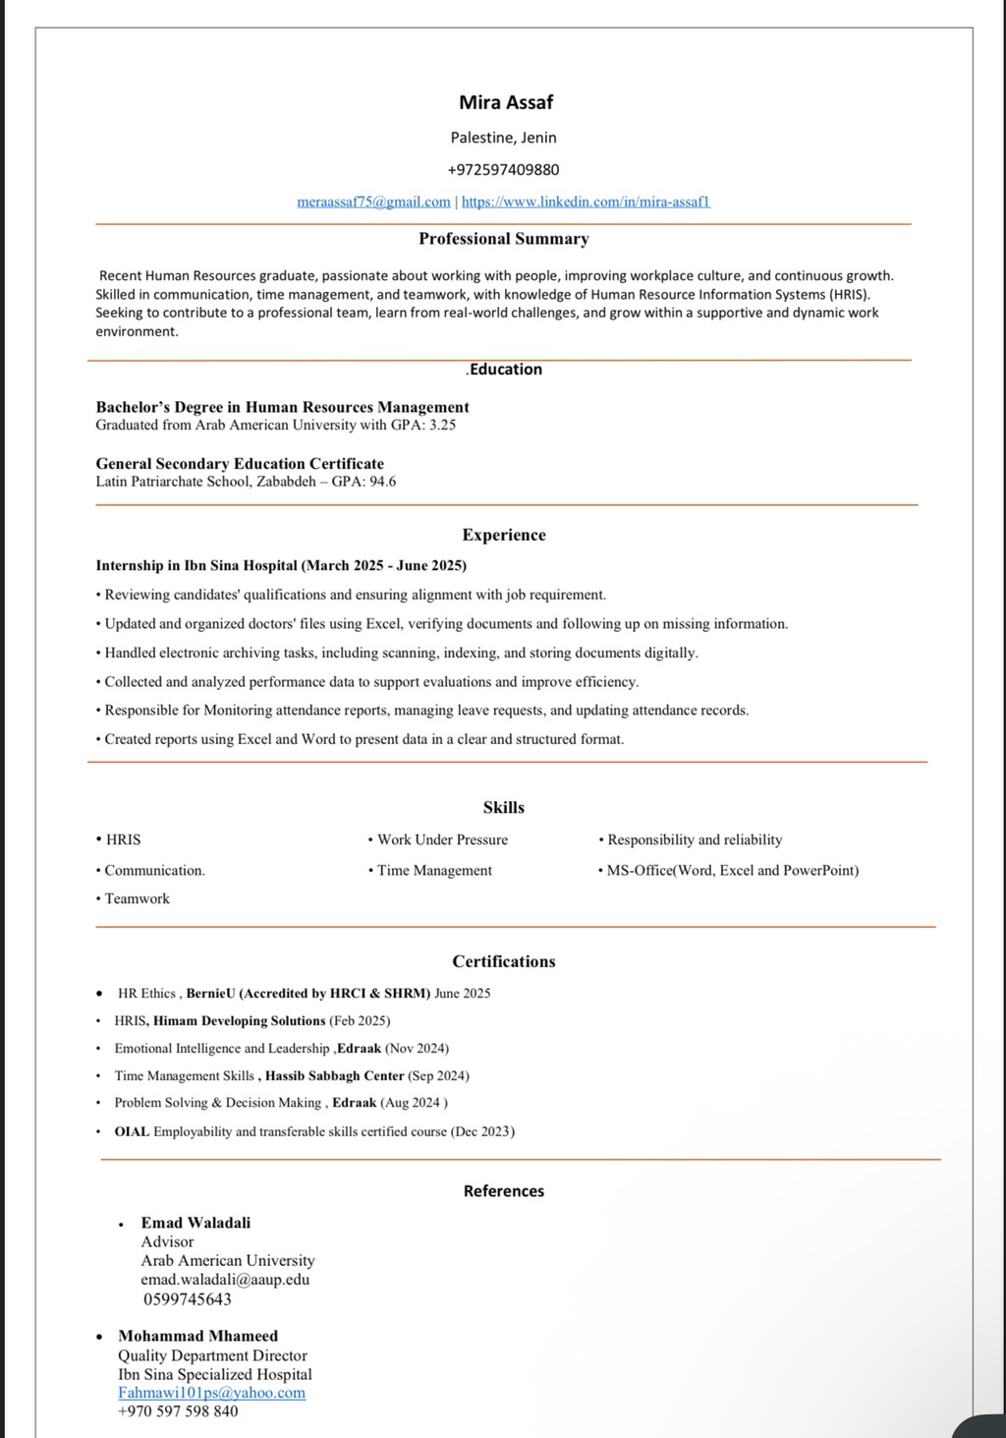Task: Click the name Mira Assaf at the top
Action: [x=506, y=102]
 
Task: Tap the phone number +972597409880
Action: [x=503, y=169]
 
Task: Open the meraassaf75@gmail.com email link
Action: [x=373, y=201]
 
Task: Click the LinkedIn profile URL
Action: [x=586, y=201]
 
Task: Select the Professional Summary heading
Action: [x=503, y=239]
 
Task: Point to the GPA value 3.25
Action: [x=442, y=426]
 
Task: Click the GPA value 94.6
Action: [x=382, y=482]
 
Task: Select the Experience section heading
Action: [x=504, y=535]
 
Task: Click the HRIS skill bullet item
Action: [x=123, y=839]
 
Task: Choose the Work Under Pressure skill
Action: [x=442, y=839]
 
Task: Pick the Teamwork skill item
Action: [x=137, y=898]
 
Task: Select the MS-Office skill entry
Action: [x=732, y=870]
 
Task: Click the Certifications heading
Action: [x=504, y=961]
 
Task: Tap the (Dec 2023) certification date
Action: [x=482, y=1131]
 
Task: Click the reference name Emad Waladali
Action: [x=196, y=1223]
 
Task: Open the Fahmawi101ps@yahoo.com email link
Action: [x=211, y=1393]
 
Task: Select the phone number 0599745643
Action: [x=187, y=1298]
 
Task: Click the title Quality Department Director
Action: [x=212, y=1355]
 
